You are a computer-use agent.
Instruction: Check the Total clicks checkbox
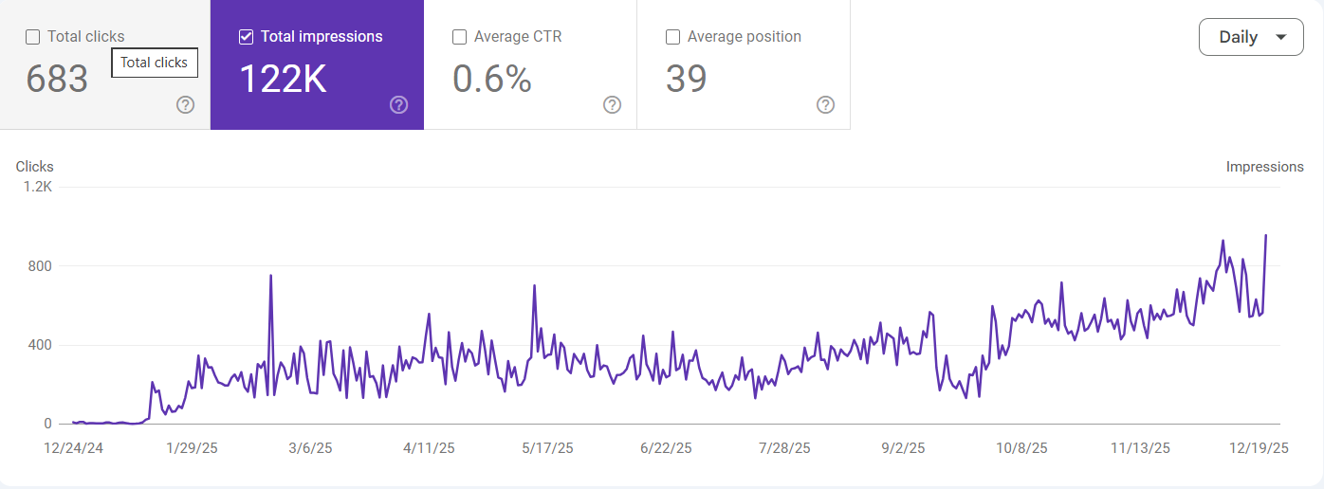[x=33, y=37]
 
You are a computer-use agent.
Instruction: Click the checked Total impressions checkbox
[x=247, y=37]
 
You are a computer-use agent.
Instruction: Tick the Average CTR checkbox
[x=460, y=37]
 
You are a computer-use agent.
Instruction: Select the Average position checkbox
[x=673, y=37]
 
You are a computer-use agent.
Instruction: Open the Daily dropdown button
[x=1251, y=37]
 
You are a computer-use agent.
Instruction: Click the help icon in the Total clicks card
[x=186, y=105]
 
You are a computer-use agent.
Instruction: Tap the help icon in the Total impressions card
[x=399, y=105]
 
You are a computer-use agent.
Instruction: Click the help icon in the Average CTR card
[x=613, y=105]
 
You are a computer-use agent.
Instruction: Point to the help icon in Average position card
[x=826, y=105]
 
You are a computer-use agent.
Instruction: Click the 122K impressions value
[x=283, y=80]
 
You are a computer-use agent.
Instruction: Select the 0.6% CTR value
[x=491, y=80]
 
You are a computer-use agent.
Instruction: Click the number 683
[x=57, y=80]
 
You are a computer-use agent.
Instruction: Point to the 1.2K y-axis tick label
[x=38, y=187]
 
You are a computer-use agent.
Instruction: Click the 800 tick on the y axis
[x=40, y=265]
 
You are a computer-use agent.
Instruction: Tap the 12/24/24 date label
[x=74, y=448]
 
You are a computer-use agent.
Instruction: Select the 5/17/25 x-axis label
[x=548, y=448]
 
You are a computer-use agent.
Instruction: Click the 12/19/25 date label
[x=1259, y=448]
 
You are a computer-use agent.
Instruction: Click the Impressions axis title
[x=1264, y=167]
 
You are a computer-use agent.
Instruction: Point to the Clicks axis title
[x=35, y=167]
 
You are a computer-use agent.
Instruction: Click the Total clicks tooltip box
[x=155, y=63]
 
